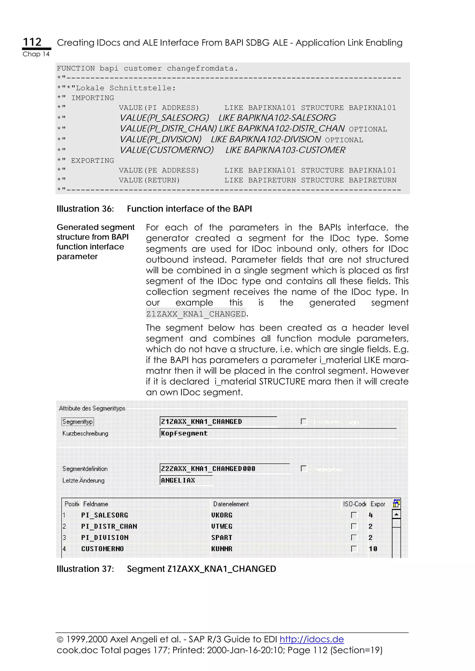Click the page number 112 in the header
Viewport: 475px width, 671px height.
click(32, 42)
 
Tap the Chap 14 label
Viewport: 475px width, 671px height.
click(36, 54)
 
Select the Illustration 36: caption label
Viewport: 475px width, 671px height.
click(85, 209)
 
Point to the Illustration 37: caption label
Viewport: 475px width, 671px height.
click(85, 569)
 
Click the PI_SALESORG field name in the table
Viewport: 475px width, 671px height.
click(104, 515)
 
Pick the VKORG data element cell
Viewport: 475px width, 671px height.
click(221, 515)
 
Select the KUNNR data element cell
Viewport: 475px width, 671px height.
click(221, 549)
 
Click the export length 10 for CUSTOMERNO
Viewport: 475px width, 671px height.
click(372, 549)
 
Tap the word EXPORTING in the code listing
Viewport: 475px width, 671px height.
click(93, 160)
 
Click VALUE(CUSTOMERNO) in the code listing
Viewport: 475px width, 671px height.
click(167, 150)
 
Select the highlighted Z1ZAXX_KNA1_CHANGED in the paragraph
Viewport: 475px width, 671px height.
click(196, 314)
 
